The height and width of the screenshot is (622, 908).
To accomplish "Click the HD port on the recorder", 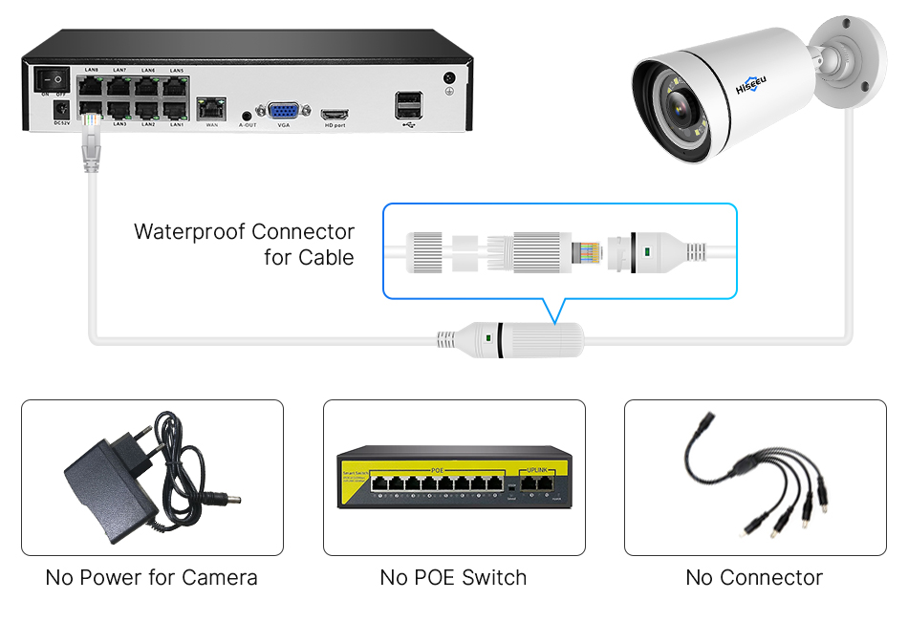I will pyautogui.click(x=334, y=113).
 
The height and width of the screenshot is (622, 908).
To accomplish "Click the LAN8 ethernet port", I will pyautogui.click(x=92, y=84).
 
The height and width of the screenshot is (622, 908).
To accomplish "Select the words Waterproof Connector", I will pyautogui.click(x=244, y=231).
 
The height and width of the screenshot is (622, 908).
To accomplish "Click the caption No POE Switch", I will pyautogui.click(x=453, y=577).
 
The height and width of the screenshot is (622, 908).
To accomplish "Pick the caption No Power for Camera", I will pyautogui.click(x=151, y=577).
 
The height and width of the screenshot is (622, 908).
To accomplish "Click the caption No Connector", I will pyautogui.click(x=754, y=577).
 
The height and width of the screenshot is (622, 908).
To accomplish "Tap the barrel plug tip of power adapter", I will pyautogui.click(x=230, y=500).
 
